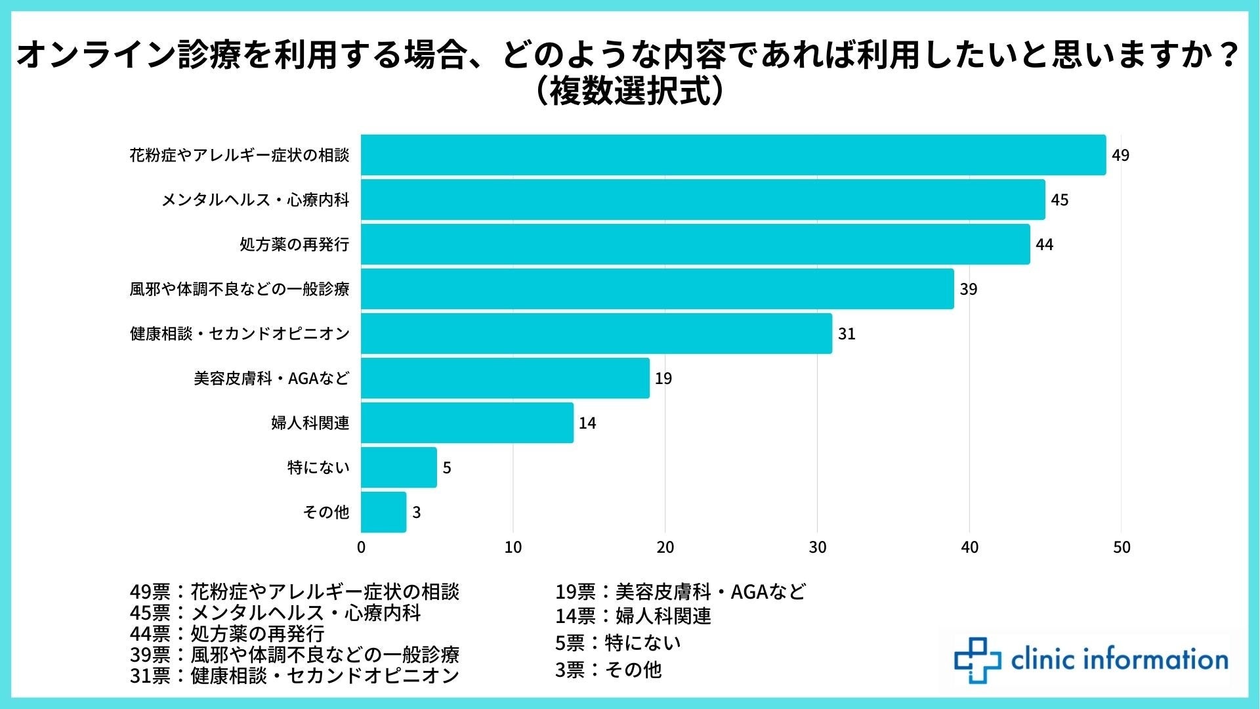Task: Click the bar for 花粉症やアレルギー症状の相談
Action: click(733, 155)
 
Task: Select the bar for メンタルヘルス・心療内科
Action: click(703, 200)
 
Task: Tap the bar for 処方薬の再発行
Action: click(695, 244)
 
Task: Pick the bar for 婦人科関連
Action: click(467, 423)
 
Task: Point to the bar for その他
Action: click(384, 512)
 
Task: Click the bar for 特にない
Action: click(399, 467)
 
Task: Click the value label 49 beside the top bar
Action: click(1120, 156)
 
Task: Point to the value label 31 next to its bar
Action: click(847, 334)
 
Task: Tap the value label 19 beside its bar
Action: click(663, 379)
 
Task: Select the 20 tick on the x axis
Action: click(665, 548)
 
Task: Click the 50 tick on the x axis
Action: click(1122, 548)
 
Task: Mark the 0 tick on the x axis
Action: click(362, 548)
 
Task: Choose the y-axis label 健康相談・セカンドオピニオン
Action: click(240, 334)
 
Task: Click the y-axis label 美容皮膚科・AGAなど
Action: click(271, 379)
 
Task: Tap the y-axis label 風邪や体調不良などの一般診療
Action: click(240, 290)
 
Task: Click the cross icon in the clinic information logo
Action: click(977, 660)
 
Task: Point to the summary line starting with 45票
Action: click(275, 613)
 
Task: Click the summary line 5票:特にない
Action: click(618, 642)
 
